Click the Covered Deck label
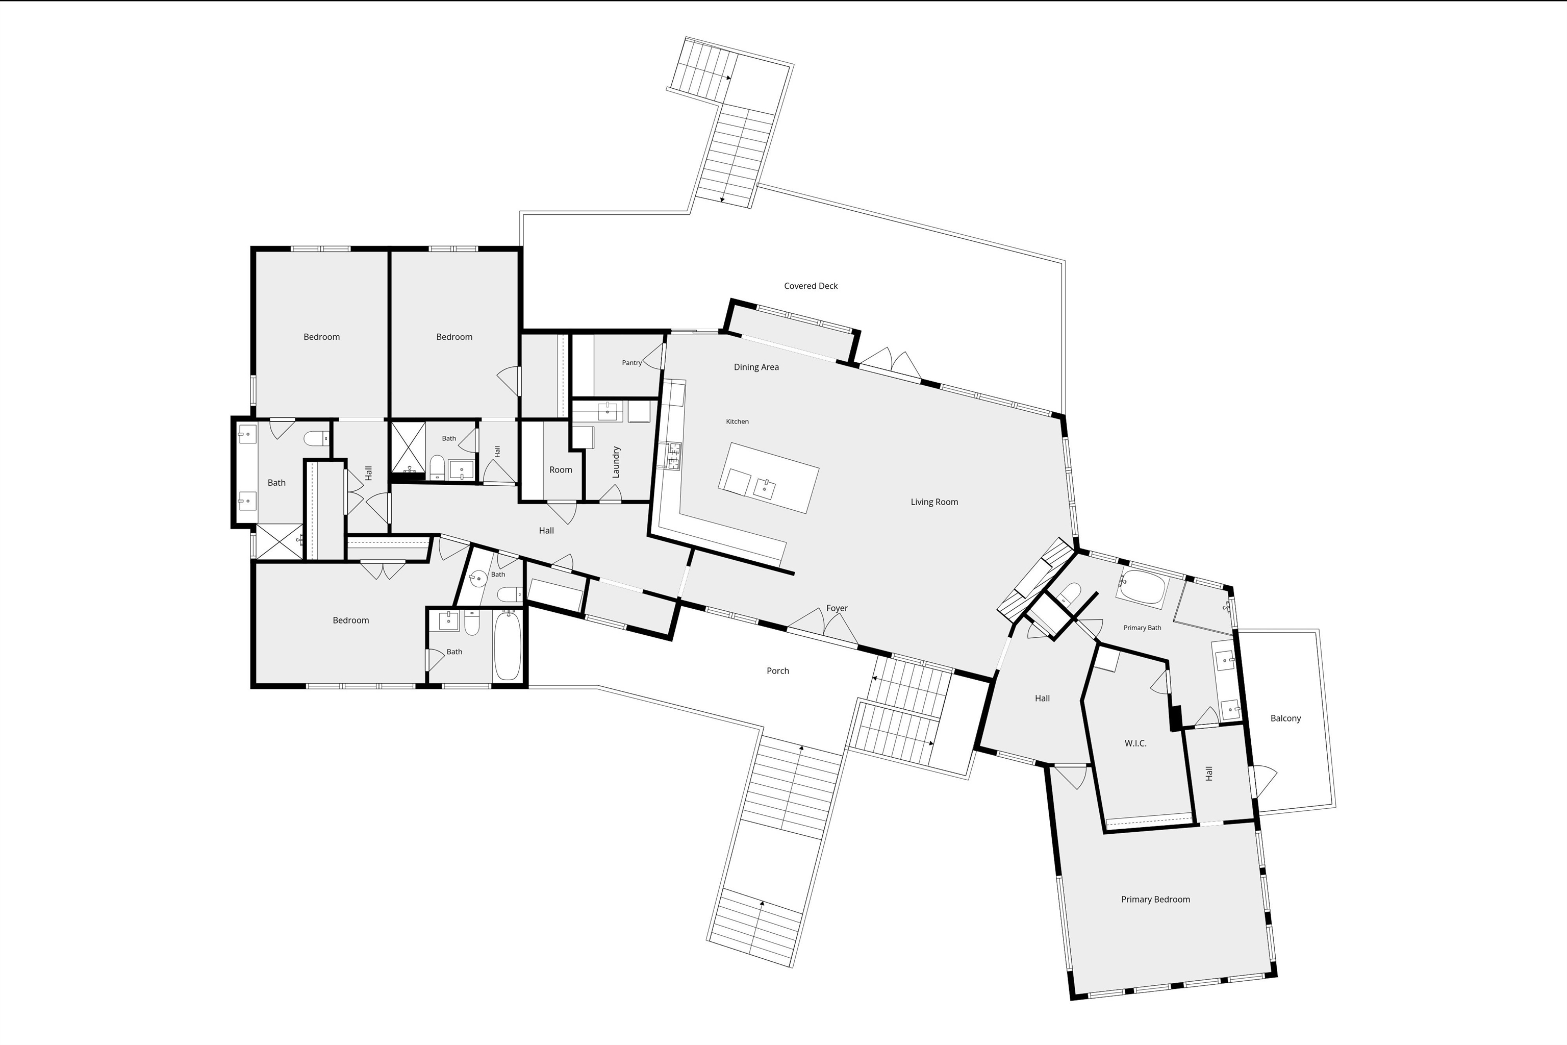(811, 286)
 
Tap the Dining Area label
(756, 367)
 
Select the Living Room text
(934, 502)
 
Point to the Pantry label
(631, 363)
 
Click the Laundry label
(616, 462)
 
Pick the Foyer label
(837, 608)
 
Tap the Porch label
(777, 671)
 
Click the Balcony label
(1285, 718)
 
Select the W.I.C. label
(1135, 743)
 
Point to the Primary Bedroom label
(1155, 900)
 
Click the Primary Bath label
(1142, 628)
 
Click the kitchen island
(768, 478)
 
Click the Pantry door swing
(656, 357)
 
